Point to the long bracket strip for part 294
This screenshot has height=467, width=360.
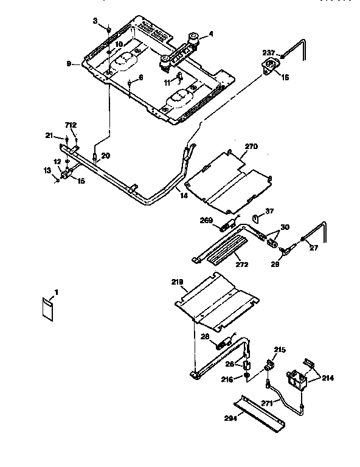pyautogui.click(x=261, y=411)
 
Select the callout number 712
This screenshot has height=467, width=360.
pyautogui.click(x=71, y=125)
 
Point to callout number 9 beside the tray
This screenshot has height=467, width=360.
pyautogui.click(x=69, y=64)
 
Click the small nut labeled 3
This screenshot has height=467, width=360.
pyautogui.click(x=108, y=29)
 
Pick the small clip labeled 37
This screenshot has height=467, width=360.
pyautogui.click(x=256, y=214)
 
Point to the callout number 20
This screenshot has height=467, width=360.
pyautogui.click(x=105, y=156)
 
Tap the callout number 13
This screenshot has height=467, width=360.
pyautogui.click(x=47, y=172)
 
